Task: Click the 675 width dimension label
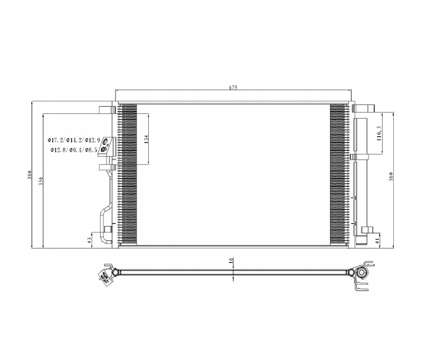pos(233,87)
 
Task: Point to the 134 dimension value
pos(147,138)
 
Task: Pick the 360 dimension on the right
pos(391,177)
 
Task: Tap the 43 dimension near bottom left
pos(90,239)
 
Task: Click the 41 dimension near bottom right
pos(377,240)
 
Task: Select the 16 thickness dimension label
pos(231,261)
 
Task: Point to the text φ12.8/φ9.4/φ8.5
pos(75,150)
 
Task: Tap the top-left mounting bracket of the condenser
pos(106,110)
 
